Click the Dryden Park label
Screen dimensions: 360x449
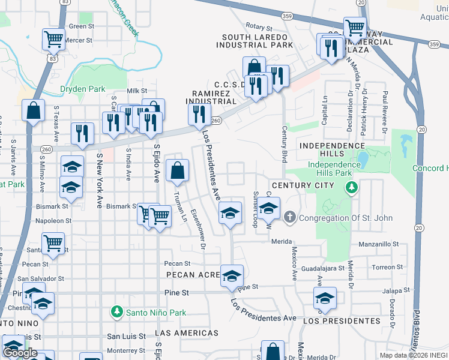[x=83, y=89]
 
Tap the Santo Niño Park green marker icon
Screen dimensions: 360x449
[x=117, y=312]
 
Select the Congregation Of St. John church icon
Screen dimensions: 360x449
[x=290, y=217]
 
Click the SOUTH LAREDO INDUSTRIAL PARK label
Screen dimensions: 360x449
[x=255, y=40]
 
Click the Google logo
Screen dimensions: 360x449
[x=20, y=353]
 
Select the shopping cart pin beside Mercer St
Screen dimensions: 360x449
[x=53, y=40]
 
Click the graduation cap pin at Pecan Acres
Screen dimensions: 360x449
[x=232, y=276]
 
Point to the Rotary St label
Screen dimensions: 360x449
[x=259, y=28]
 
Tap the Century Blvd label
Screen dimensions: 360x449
[x=285, y=144]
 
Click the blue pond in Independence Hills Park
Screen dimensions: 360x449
[x=363, y=160]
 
